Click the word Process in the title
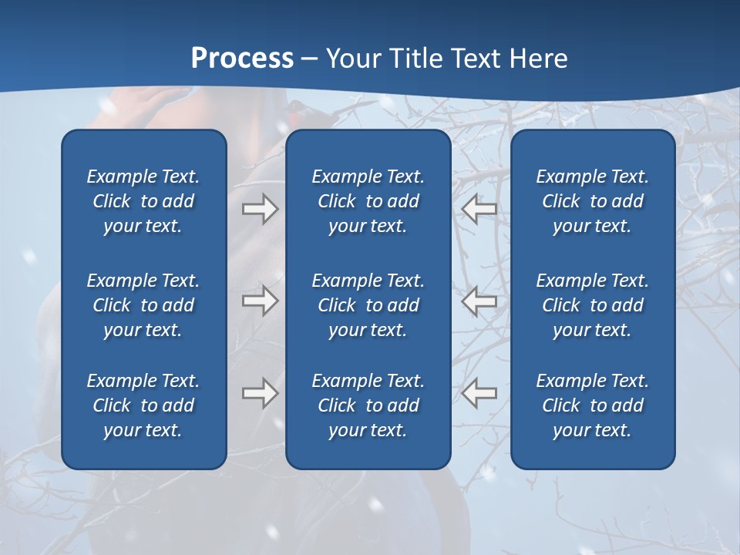point(242,59)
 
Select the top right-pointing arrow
point(260,209)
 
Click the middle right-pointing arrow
point(260,301)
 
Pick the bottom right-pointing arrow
point(260,393)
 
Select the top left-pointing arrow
point(479,209)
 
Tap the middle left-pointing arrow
point(479,301)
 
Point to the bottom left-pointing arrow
point(479,393)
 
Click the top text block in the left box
point(143,201)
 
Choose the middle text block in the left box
point(143,305)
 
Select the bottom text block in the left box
point(143,405)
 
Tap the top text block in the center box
point(368,201)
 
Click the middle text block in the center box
point(368,305)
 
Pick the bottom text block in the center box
point(368,405)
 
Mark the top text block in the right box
point(593,201)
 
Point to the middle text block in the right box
point(593,305)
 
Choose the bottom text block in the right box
point(593,405)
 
